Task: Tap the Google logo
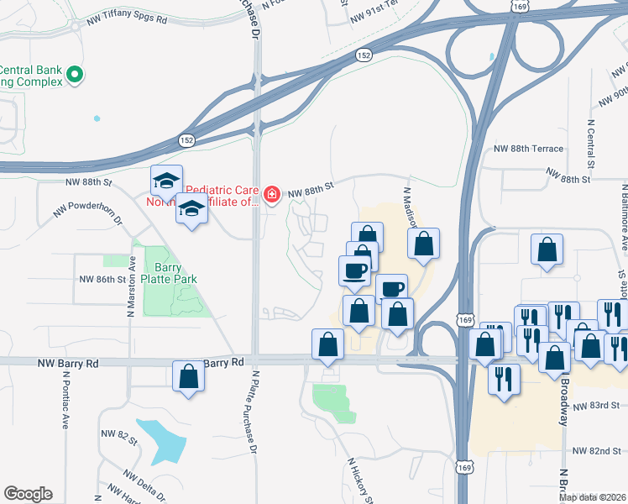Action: tap(28, 494)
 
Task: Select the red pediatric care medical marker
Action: tap(271, 196)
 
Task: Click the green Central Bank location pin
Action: tap(76, 76)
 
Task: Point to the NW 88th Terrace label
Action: tap(529, 149)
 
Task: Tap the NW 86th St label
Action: tap(102, 279)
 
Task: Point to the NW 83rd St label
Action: tap(597, 407)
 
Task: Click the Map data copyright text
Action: tap(593, 497)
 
